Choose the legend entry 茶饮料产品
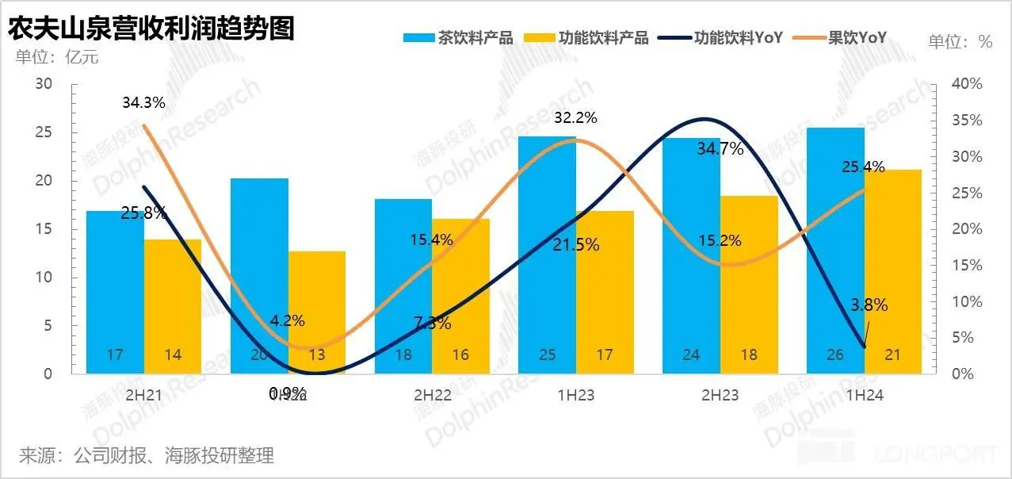460,37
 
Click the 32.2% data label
575,118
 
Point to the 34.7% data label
720,148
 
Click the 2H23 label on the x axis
720,395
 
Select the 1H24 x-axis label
864,395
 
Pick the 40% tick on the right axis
966,84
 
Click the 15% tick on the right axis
966,265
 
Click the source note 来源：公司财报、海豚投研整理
147,456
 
